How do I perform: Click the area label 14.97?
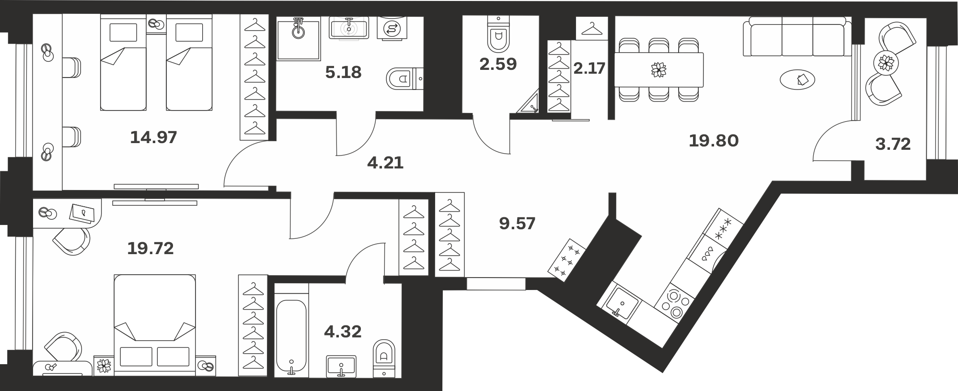point(153,138)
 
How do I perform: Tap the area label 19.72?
point(150,248)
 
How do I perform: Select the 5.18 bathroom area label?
point(343,73)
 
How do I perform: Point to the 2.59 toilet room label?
point(498,64)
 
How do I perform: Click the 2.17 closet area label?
point(589,68)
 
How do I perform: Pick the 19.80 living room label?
point(714,141)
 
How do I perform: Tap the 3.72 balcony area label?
point(893,144)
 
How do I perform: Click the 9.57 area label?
point(517,223)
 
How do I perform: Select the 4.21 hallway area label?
point(385,163)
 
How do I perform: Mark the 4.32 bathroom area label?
point(343,331)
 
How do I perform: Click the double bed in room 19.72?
point(155,323)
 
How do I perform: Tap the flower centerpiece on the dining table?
point(658,70)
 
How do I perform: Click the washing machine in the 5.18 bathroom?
point(393,28)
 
